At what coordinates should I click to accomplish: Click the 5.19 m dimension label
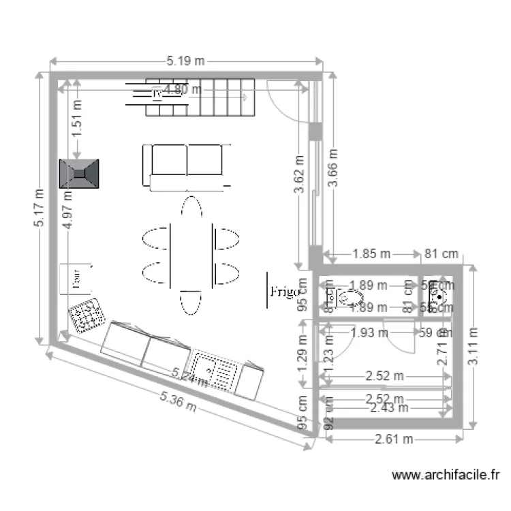185,61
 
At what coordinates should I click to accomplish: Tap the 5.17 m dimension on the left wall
40,208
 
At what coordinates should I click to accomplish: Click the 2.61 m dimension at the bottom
394,439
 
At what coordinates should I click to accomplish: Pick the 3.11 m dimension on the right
472,347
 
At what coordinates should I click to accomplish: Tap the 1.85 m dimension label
371,254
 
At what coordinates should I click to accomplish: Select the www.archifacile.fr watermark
448,475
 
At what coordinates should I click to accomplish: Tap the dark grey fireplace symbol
79,174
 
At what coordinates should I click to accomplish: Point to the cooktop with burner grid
87,315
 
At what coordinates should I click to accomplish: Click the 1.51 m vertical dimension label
77,119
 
